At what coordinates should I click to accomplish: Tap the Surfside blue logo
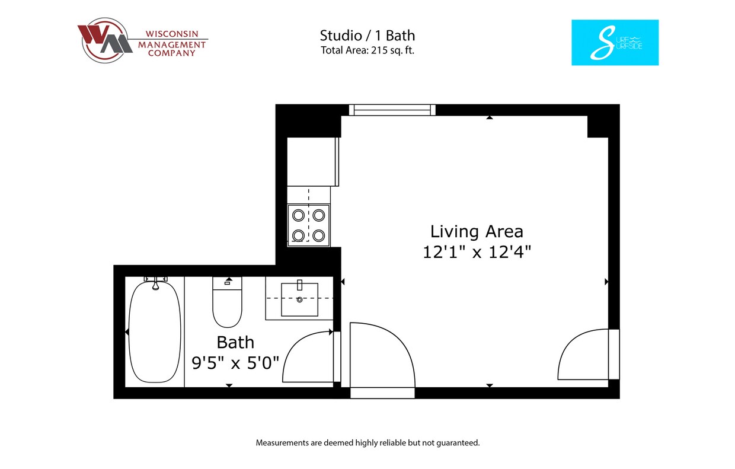coord(615,43)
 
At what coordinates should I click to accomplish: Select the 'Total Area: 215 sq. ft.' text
coord(367,50)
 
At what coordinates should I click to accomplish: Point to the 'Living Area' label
coord(477,231)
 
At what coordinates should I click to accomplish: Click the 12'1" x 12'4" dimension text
coord(477,252)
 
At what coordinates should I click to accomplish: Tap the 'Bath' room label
coord(235,342)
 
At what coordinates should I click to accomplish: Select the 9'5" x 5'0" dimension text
coord(235,362)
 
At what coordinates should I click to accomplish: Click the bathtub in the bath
coord(155,332)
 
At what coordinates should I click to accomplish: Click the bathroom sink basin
coord(299,299)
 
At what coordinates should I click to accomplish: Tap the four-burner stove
coord(308,225)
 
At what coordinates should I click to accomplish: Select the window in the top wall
coord(392,110)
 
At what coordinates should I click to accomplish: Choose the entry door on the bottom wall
coord(382,359)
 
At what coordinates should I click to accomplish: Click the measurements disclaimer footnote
coord(367,443)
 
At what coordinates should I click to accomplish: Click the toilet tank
coord(227,283)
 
